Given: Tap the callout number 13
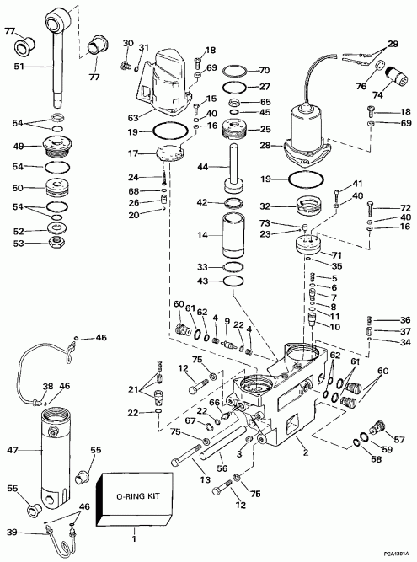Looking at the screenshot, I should [x=205, y=479].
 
